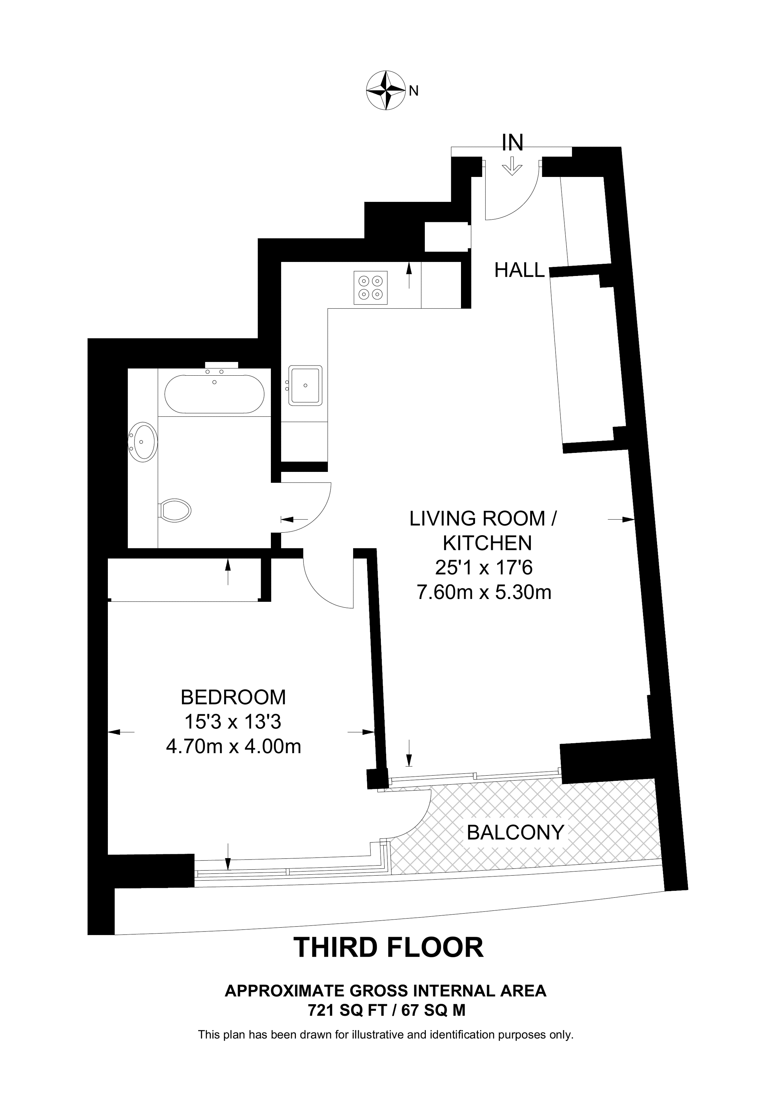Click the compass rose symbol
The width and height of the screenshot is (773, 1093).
tap(385, 91)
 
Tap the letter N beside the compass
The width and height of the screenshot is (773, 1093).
tap(414, 91)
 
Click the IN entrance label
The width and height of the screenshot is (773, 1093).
tap(513, 142)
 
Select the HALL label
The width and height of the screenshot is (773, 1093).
tap(519, 270)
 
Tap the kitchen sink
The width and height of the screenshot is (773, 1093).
tap(305, 386)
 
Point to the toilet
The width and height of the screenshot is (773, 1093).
tap(174, 510)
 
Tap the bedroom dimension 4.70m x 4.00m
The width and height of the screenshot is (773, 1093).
tap(233, 746)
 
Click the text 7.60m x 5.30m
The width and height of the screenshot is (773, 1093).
tap(484, 592)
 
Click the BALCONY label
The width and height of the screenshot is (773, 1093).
tap(515, 832)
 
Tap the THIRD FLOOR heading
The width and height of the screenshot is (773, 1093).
tap(388, 947)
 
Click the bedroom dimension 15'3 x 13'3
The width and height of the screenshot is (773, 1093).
tap(233, 722)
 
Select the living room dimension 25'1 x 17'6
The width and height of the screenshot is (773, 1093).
tap(484, 567)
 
